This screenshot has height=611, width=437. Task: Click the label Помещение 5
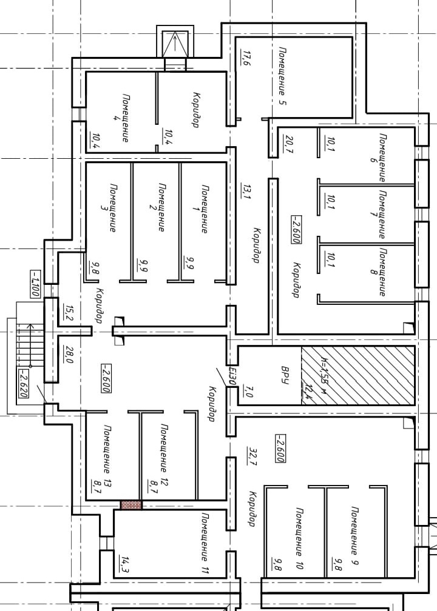pos(283,76)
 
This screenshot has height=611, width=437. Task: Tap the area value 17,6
pos(246,58)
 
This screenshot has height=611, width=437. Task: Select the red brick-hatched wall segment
pos(131,505)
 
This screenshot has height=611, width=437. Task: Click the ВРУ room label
pos(285,375)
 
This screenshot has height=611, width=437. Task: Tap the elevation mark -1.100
pos(35,284)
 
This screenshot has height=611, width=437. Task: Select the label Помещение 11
pos(205,543)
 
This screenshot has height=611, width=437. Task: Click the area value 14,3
pos(125,565)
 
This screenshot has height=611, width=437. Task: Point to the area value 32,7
pos(252,456)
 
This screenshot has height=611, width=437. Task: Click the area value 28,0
pos(69,355)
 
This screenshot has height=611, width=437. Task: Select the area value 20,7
pos(290,144)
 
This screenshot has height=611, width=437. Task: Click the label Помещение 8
pos(379,272)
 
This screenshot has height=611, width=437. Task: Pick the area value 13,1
pos(247,192)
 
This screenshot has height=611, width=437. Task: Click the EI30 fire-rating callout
pos(232,376)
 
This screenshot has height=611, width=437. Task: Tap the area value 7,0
pos(249,390)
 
